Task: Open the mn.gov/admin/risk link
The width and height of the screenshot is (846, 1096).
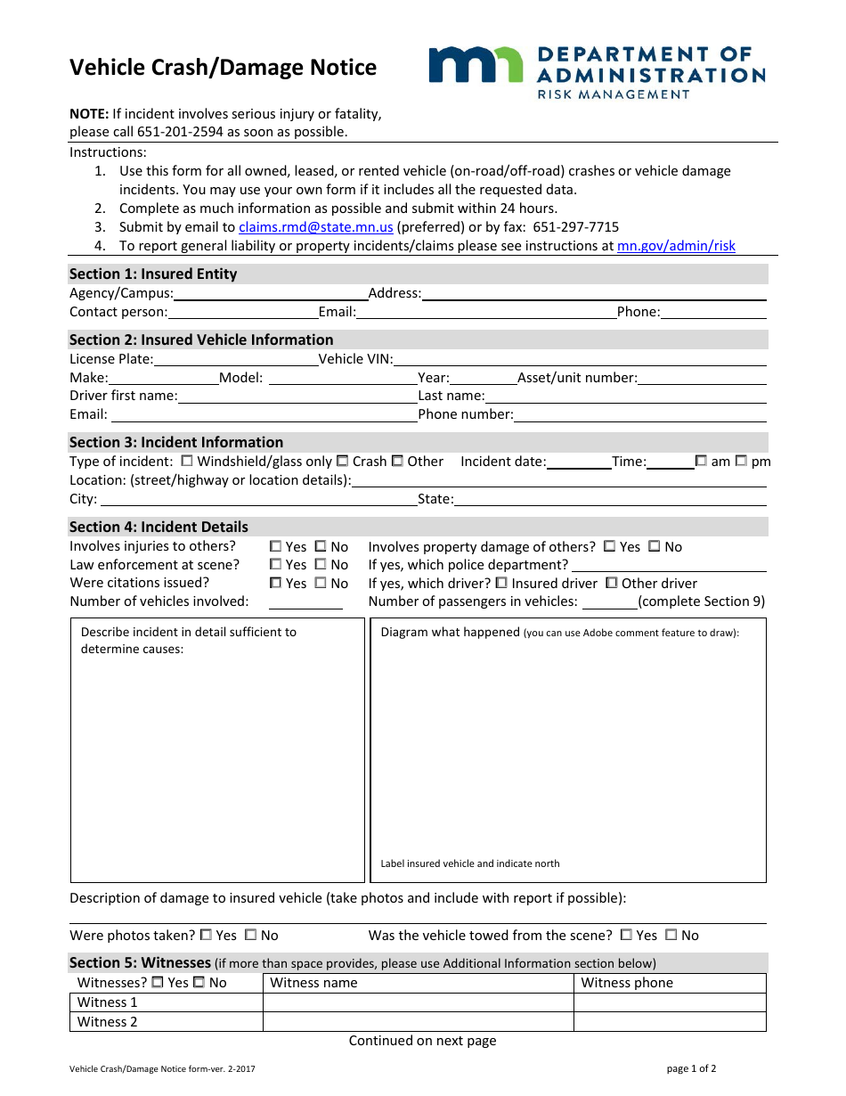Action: pyautogui.click(x=676, y=246)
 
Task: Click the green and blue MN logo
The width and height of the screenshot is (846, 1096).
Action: pyautogui.click(x=476, y=65)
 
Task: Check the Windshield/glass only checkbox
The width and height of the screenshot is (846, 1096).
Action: pyautogui.click(x=186, y=462)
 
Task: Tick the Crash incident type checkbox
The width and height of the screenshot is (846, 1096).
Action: pyautogui.click(x=342, y=462)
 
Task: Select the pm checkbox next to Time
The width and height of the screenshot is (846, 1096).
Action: pyautogui.click(x=741, y=462)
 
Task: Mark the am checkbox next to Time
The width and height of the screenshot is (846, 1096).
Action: pyautogui.click(x=701, y=462)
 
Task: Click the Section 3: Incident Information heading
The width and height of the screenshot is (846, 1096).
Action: pyautogui.click(x=176, y=442)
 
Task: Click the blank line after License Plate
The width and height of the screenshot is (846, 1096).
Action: pyautogui.click(x=235, y=360)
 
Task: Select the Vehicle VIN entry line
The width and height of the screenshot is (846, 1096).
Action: pyautogui.click(x=579, y=360)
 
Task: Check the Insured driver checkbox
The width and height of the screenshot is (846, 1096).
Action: pyautogui.click(x=501, y=583)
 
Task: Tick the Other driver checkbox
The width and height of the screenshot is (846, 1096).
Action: pyautogui.click(x=612, y=583)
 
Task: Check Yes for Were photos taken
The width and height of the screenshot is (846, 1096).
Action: pyautogui.click(x=206, y=935)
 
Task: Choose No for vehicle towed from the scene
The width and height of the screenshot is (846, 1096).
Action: pyautogui.click(x=671, y=935)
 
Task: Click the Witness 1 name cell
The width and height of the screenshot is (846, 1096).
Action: pyautogui.click(x=418, y=1002)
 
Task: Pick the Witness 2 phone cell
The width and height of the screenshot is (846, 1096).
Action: pyautogui.click(x=670, y=1022)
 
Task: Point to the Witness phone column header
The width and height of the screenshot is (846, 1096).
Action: pyautogui.click(x=627, y=983)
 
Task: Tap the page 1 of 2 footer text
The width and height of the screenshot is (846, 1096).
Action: pyautogui.click(x=691, y=1068)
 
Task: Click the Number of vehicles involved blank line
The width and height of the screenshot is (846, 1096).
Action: pyautogui.click(x=305, y=602)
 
